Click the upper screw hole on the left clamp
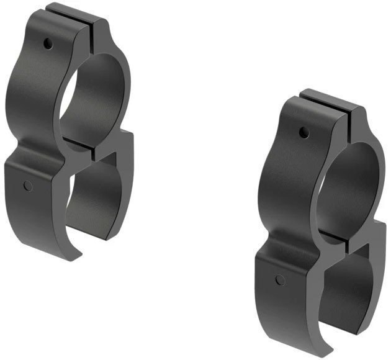tap(48, 43)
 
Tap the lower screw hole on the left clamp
tap(27, 185)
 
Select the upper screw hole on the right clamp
tap(303, 132)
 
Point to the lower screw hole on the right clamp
tap(281, 280)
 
